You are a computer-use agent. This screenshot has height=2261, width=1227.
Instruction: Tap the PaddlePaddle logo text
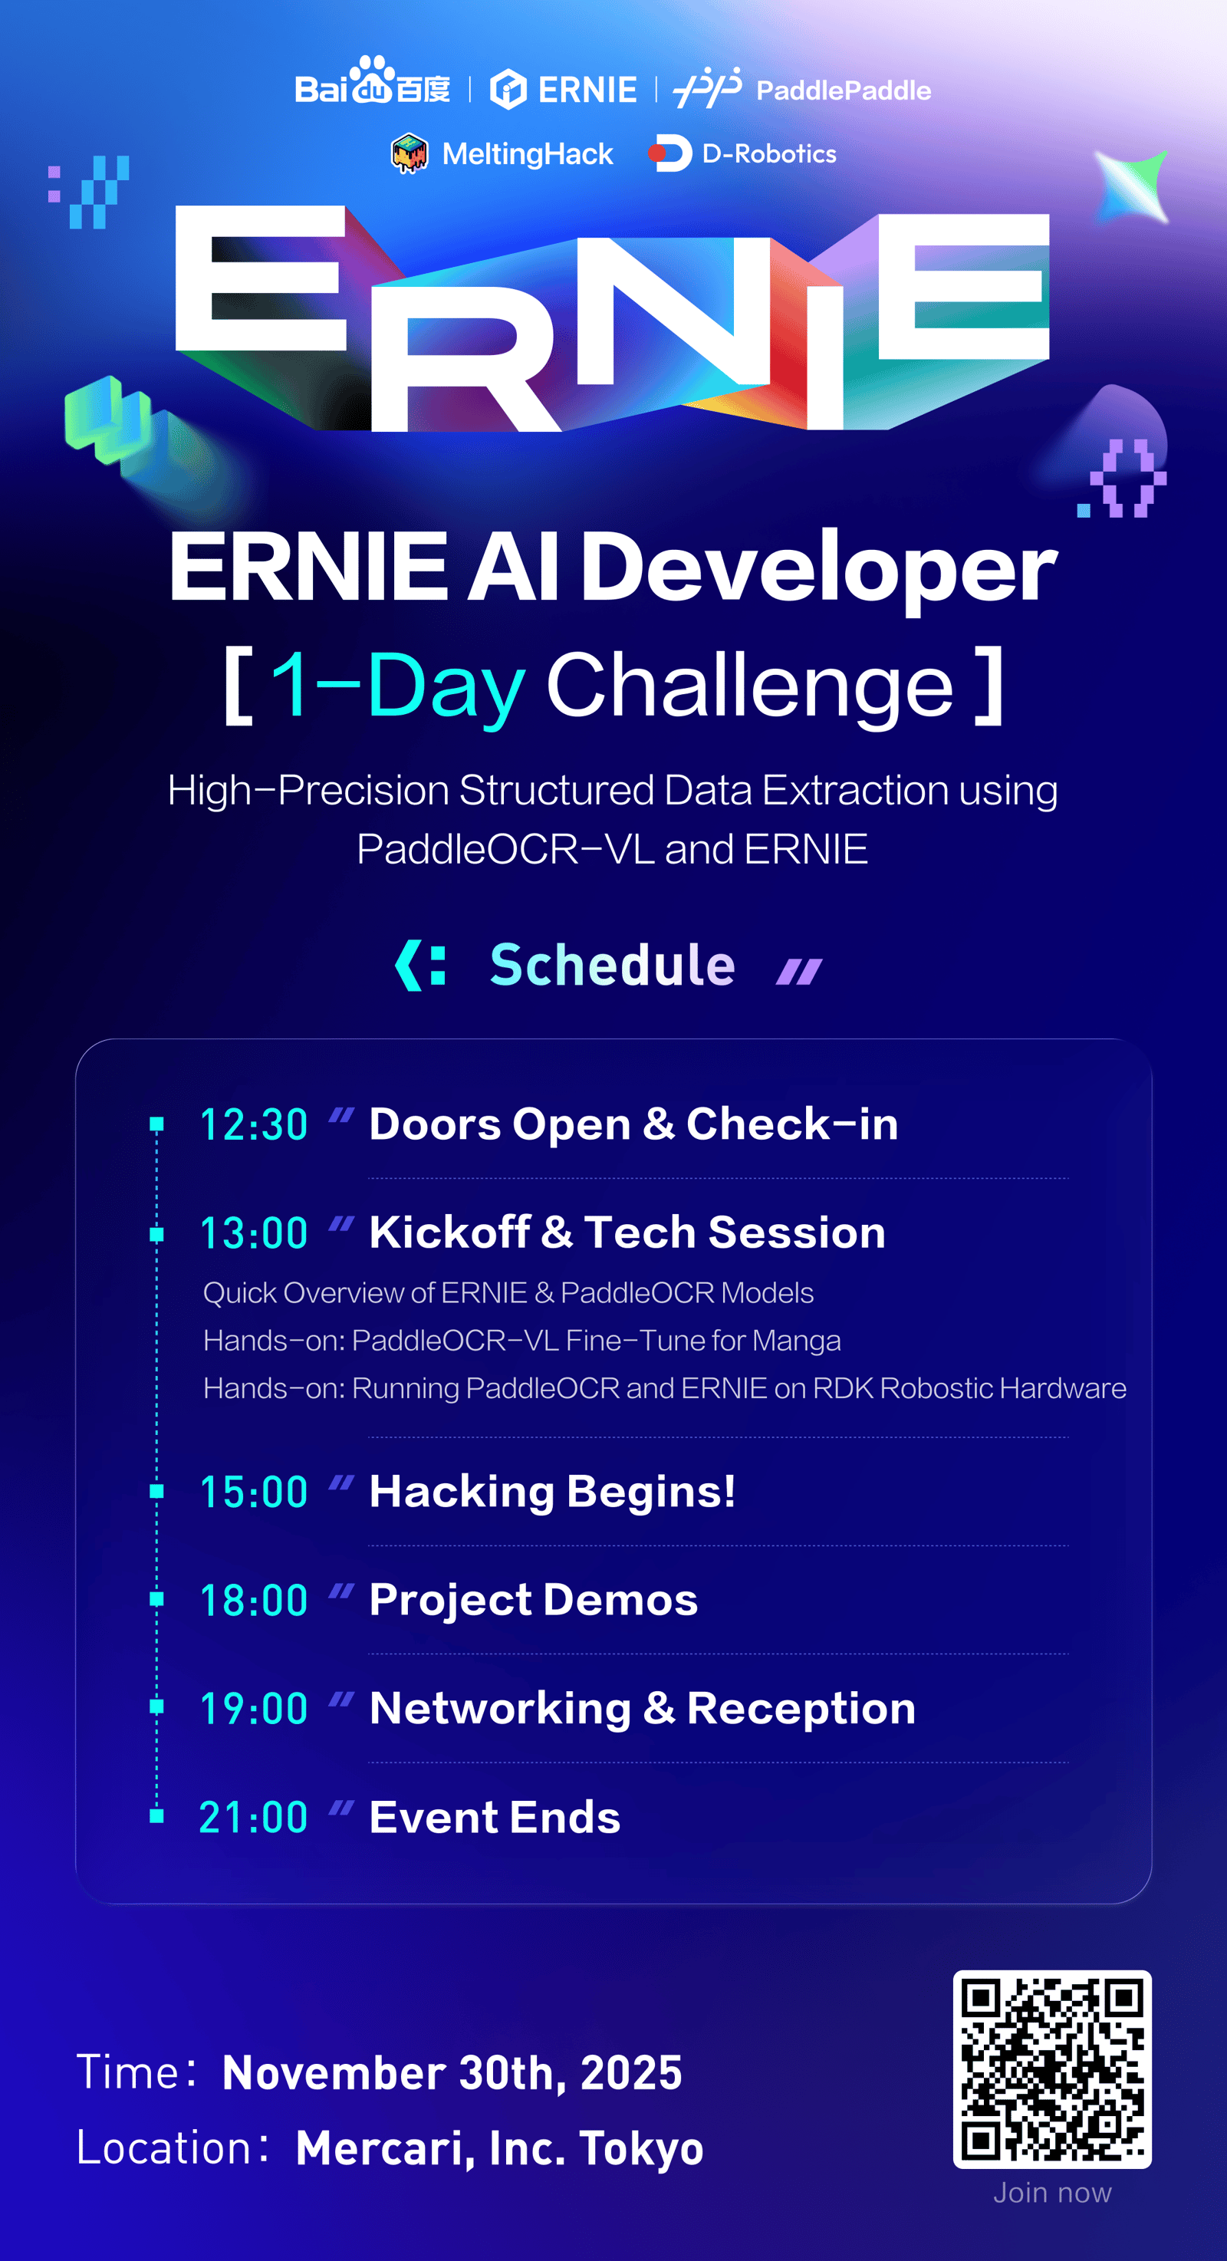point(844,91)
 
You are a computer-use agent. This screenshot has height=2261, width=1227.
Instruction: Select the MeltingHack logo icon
point(409,153)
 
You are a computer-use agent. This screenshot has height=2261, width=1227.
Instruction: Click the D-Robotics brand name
point(770,153)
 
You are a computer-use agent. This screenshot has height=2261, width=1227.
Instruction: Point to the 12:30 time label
point(254,1124)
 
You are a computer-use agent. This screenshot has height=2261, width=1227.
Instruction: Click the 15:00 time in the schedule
point(254,1492)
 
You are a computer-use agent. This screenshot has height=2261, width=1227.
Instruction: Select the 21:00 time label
point(254,1817)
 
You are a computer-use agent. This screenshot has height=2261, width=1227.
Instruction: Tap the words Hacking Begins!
point(552,1492)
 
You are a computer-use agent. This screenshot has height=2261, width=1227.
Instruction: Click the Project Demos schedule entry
point(534,1600)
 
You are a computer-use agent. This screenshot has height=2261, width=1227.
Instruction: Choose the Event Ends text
point(495,1817)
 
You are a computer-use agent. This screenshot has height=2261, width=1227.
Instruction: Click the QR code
point(1052,2070)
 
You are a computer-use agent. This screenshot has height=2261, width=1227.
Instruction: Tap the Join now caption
point(1052,2194)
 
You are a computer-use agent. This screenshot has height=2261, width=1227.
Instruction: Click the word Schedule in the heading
point(613,965)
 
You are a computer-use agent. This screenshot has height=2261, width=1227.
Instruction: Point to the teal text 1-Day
point(397,685)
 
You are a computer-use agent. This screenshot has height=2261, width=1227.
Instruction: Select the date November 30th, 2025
point(452,2073)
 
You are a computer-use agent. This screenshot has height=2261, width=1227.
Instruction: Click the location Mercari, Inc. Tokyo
point(499,2149)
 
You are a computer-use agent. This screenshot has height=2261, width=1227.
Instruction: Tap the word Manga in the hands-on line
point(796,1341)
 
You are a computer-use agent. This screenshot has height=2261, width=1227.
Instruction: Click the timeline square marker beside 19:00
point(157,1707)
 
